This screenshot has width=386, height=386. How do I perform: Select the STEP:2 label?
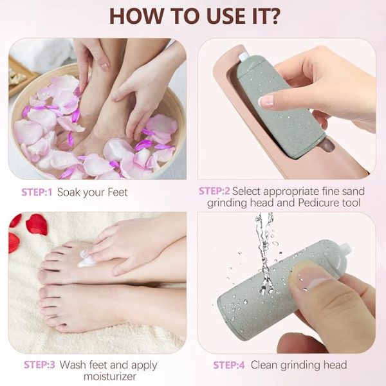214,191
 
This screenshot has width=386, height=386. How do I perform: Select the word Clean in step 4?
265,365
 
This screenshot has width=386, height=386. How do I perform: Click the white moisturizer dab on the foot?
86,261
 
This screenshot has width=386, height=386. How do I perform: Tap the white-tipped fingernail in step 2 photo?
265,100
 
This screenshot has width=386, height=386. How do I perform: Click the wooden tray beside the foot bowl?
19,77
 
